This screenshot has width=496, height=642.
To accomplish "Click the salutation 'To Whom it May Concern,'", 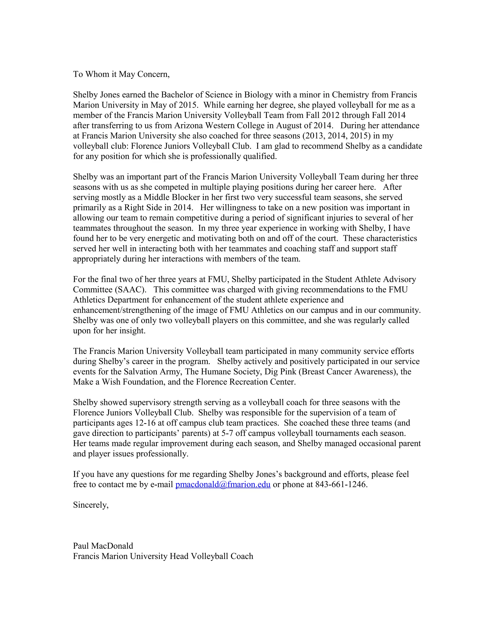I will [121, 74].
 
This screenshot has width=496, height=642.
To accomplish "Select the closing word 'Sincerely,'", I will [91, 505].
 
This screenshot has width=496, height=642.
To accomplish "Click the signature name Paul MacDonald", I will [103, 546].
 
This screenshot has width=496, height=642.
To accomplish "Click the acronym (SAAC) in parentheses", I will [130, 290].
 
